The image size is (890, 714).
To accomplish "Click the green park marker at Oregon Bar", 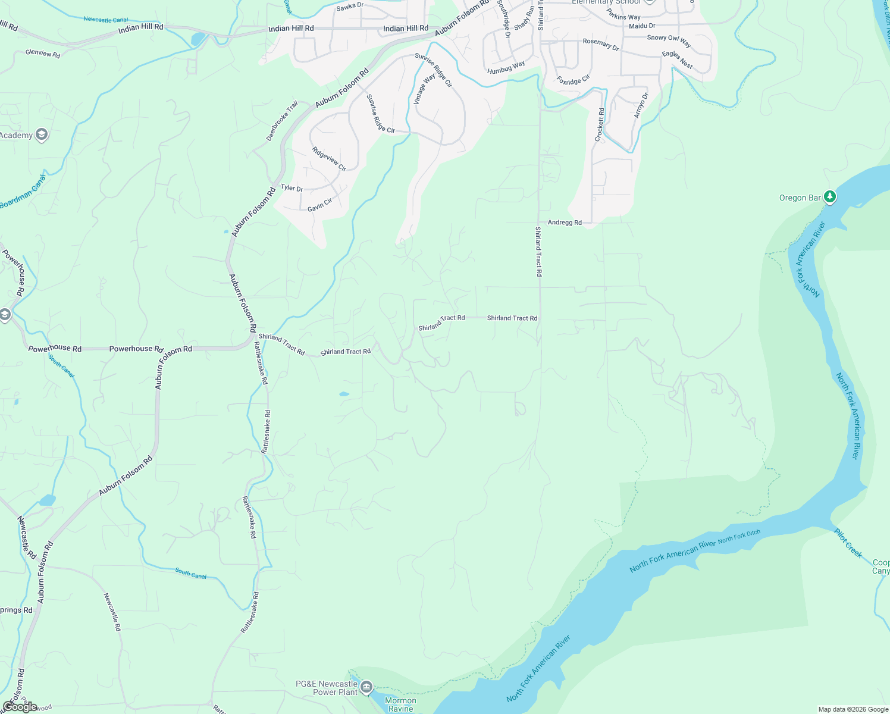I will [830, 197].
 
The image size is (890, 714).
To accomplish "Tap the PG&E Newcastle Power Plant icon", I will [366, 687].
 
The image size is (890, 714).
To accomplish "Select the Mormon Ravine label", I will [400, 704].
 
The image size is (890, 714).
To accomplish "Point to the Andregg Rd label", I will [565, 223].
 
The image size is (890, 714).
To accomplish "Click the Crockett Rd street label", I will [600, 124].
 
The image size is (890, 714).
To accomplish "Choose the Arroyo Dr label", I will [641, 105].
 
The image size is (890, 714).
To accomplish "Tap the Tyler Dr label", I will [292, 188].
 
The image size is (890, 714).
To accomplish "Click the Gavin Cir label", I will [319, 205].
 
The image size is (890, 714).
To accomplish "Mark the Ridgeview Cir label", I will [329, 159].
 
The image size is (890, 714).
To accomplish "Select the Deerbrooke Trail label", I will [282, 121].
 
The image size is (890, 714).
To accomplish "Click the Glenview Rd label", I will [43, 54].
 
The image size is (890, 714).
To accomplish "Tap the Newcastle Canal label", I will [105, 20].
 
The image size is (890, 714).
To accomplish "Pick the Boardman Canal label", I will [23, 192].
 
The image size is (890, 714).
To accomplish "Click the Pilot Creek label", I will [848, 543].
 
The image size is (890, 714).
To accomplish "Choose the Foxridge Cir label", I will [573, 79].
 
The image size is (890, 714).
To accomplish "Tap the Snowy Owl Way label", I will [669, 40].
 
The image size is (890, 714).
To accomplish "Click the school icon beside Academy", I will [41, 135].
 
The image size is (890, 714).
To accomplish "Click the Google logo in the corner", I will [20, 706].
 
